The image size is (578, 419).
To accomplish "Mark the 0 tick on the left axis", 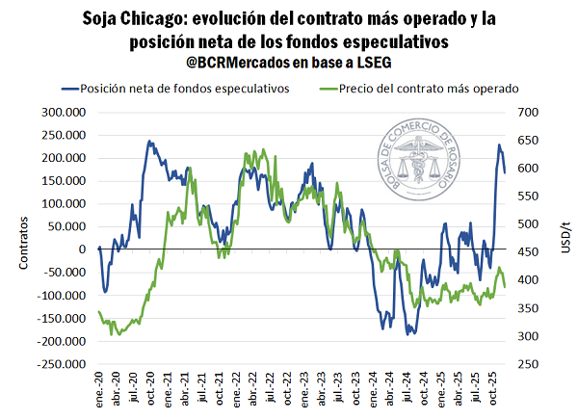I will pyautogui.click(x=83, y=249).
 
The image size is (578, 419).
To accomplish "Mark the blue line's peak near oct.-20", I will pyautogui.click(x=150, y=141).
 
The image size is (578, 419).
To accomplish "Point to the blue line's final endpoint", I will pyautogui.click(x=505, y=172).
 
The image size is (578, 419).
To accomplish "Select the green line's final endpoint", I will pyautogui.click(x=505, y=287).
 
